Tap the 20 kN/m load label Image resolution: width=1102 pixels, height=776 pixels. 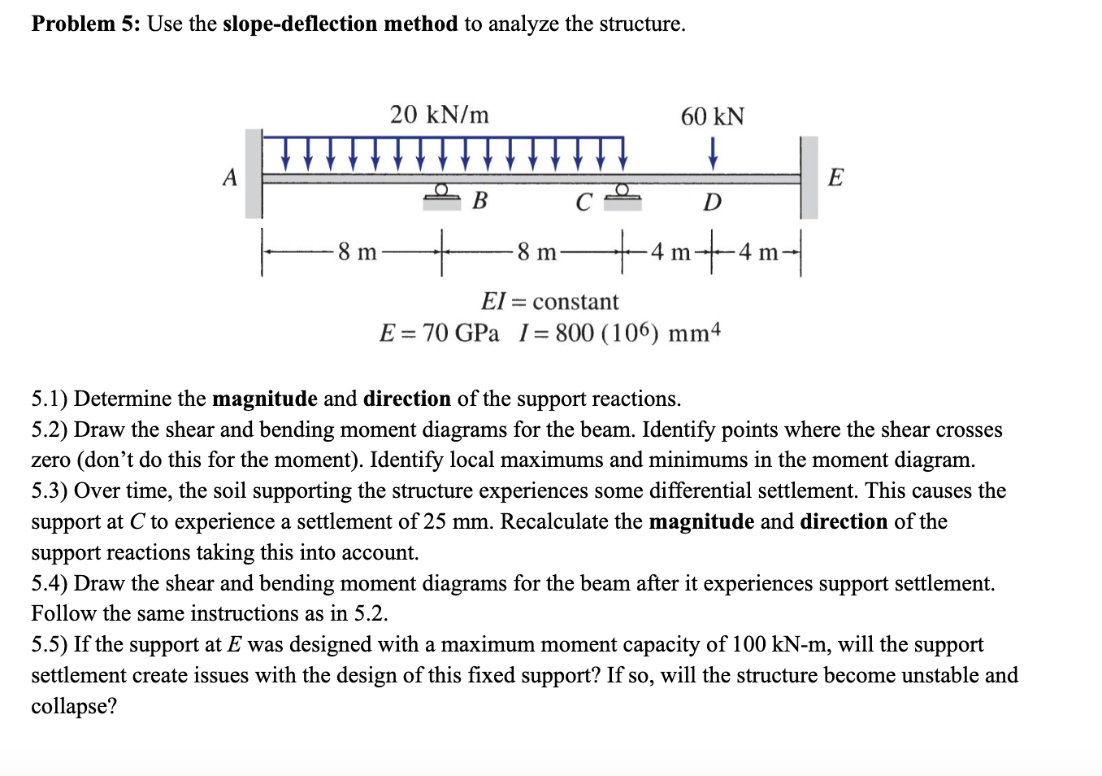point(439,115)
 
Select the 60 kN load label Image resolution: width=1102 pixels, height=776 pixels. point(712,117)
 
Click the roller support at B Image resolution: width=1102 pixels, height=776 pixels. point(441,195)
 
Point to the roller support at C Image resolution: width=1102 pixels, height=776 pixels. point(622,195)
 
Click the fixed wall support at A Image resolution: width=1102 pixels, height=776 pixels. point(254,174)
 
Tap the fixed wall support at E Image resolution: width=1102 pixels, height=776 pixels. point(809,177)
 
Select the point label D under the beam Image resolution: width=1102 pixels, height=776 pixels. point(712,203)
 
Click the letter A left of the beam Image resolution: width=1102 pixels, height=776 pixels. point(230,177)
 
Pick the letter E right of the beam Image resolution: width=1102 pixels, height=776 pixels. point(835,177)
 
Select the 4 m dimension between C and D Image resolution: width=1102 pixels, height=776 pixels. point(670,252)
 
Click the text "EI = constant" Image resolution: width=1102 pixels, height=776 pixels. point(549,302)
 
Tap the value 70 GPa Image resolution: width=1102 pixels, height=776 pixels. point(461,334)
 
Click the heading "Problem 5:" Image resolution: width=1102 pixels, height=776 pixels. point(86,24)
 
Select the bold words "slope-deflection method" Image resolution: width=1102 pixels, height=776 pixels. point(340,24)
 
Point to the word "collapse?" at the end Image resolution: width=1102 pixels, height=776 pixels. point(74,706)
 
